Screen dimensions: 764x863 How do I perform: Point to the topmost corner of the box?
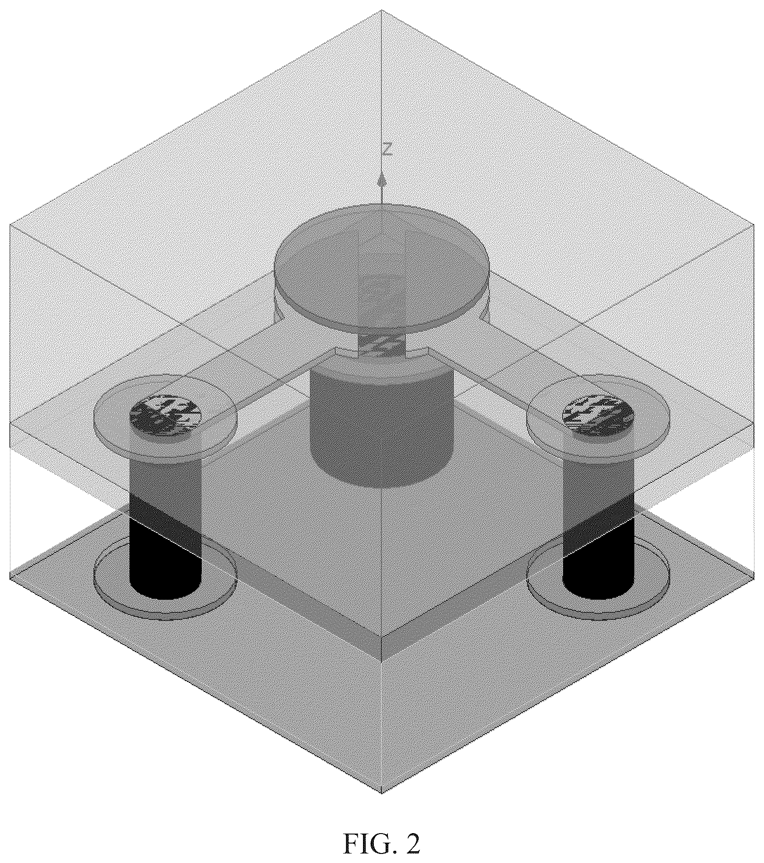(382, 10)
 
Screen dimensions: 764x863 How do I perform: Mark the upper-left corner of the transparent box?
(10, 223)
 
